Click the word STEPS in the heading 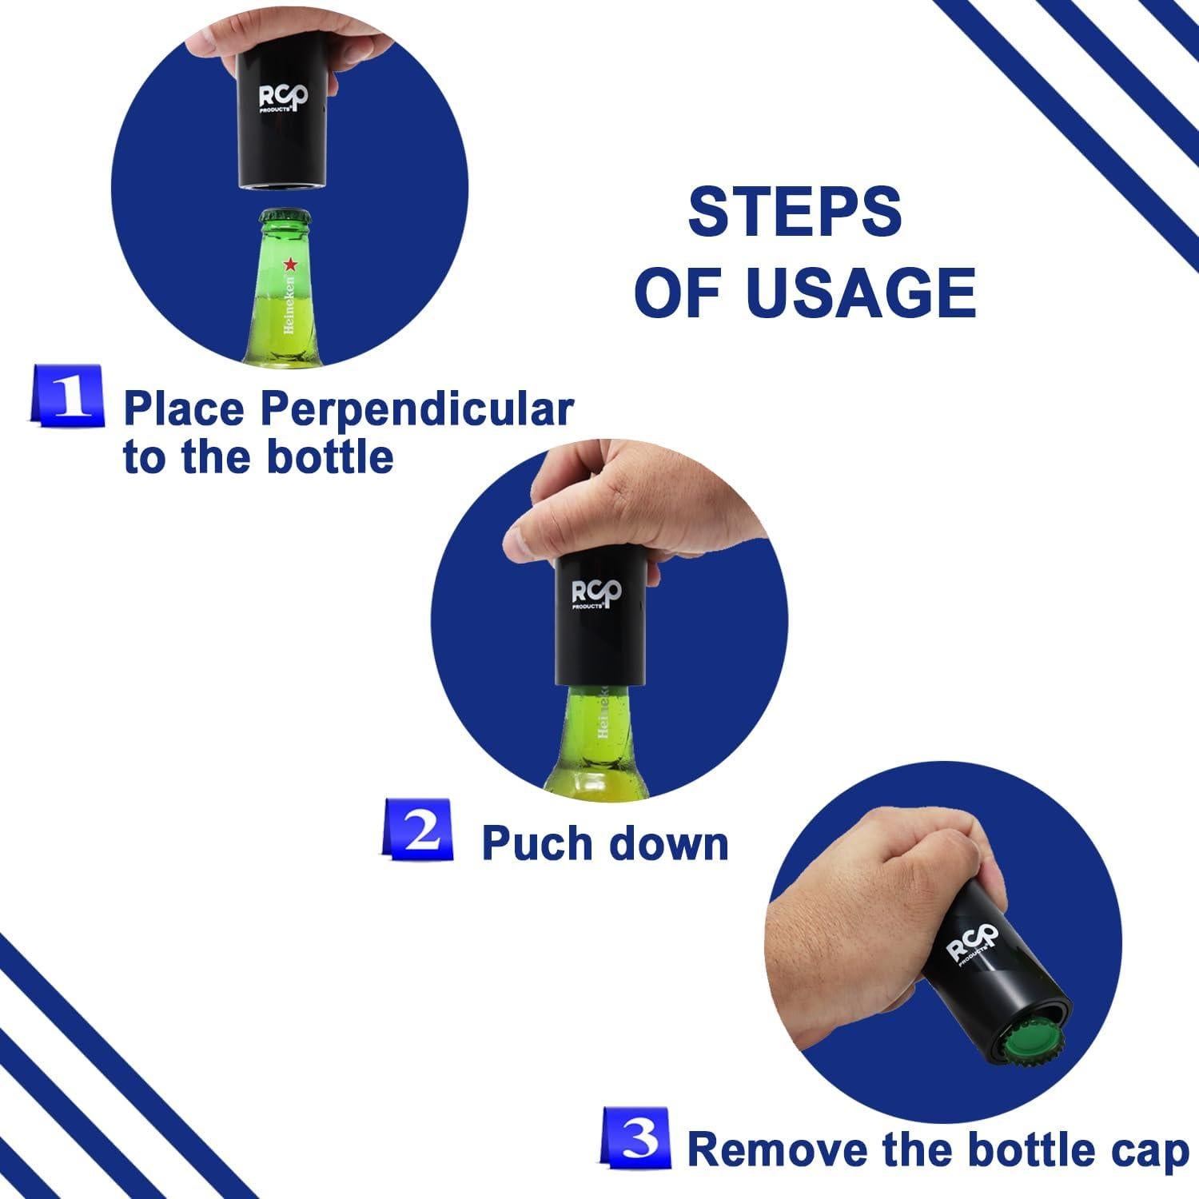795,212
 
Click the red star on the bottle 289,264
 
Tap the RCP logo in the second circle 596,596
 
